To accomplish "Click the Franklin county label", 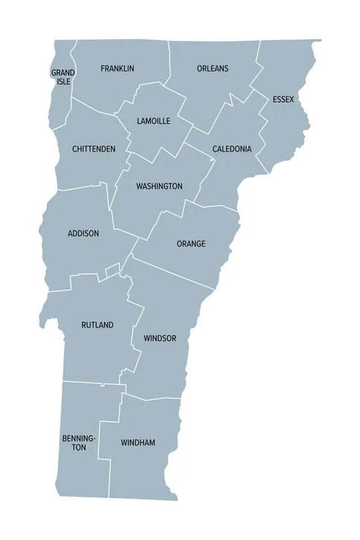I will click(117, 69).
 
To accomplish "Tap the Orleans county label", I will click(212, 69).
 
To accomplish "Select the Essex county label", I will click(283, 99).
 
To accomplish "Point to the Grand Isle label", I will click(63, 77).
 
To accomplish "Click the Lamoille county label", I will click(154, 121).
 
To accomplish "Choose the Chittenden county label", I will click(94, 149).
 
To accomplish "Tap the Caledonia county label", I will click(232, 149).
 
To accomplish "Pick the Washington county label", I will click(159, 186).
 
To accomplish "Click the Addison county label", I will click(83, 233).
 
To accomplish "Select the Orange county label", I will click(191, 244).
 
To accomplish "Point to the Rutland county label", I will click(98, 325).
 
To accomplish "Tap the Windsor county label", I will click(160, 339).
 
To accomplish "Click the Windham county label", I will click(138, 443).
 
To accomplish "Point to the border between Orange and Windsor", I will click(179, 274).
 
